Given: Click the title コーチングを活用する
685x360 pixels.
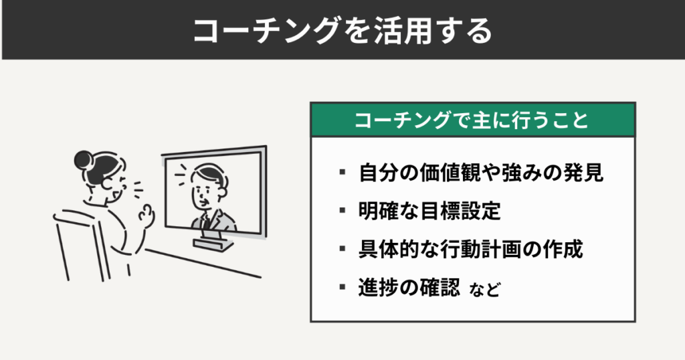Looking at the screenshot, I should click(342, 31).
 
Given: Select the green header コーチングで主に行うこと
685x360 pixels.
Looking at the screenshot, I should click(472, 120).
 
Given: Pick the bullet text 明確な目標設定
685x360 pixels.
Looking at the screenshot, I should click(429, 211).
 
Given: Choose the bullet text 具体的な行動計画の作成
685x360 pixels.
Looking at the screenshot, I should click(471, 250).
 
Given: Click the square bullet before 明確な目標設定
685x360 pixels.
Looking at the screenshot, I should click(342, 211).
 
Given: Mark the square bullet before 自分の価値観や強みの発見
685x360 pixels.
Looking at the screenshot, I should click(342, 173).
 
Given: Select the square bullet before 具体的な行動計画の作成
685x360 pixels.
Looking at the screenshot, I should click(342, 250).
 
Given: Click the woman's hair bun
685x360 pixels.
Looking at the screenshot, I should click(83, 159).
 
